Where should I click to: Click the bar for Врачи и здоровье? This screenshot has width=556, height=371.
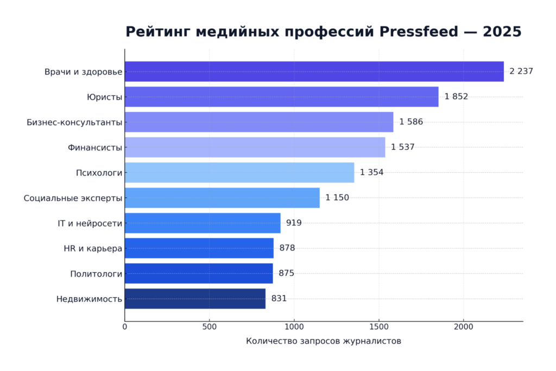(314, 72)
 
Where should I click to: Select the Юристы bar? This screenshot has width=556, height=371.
(281, 97)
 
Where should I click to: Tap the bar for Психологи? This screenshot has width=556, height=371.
(239, 173)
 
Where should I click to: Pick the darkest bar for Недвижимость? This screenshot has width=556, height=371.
(195, 299)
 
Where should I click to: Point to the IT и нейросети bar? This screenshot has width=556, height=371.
(203, 223)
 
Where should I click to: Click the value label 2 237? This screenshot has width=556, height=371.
(521, 72)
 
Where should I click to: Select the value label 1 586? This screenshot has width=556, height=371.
(411, 122)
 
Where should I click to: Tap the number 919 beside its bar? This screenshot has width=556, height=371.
(294, 223)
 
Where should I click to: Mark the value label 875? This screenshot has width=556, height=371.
(286, 273)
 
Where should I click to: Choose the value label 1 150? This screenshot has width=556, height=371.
(337, 198)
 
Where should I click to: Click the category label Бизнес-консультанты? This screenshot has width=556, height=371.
(74, 122)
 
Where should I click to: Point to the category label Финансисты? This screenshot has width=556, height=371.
(95, 147)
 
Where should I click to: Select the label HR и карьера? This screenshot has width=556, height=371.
(93, 248)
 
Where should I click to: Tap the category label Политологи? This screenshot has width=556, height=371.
(96, 274)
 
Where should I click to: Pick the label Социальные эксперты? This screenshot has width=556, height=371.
(73, 198)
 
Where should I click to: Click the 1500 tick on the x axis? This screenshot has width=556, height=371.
(378, 327)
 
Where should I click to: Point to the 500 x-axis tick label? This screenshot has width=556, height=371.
(209, 327)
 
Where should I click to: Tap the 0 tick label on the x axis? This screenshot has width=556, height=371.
(125, 327)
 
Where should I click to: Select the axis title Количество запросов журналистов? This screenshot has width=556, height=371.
(324, 341)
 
